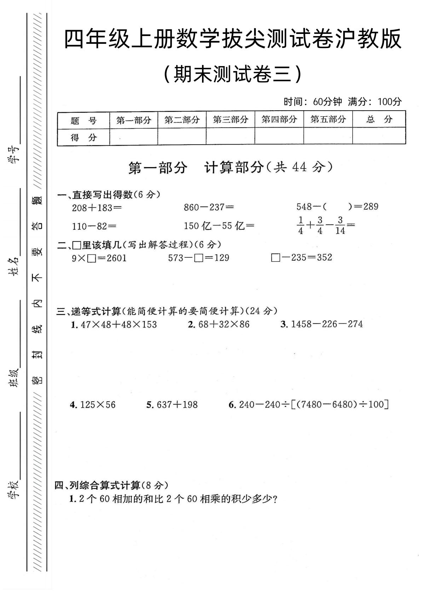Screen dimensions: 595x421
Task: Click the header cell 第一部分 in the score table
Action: tap(134, 120)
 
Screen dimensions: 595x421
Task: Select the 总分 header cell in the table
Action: tap(379, 119)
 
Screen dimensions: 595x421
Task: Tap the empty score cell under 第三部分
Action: tap(230, 136)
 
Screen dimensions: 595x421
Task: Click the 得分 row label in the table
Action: tap(83, 137)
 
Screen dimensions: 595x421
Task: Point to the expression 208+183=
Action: tap(97, 207)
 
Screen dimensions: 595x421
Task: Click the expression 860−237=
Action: tap(209, 207)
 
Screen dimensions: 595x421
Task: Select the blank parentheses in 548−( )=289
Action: tap(337, 206)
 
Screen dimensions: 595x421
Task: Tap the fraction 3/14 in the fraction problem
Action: tap(340, 226)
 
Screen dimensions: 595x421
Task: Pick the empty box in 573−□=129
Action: tap(199, 258)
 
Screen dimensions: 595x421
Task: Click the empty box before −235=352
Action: tap(275, 258)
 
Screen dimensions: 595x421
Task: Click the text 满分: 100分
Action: tap(375, 102)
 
